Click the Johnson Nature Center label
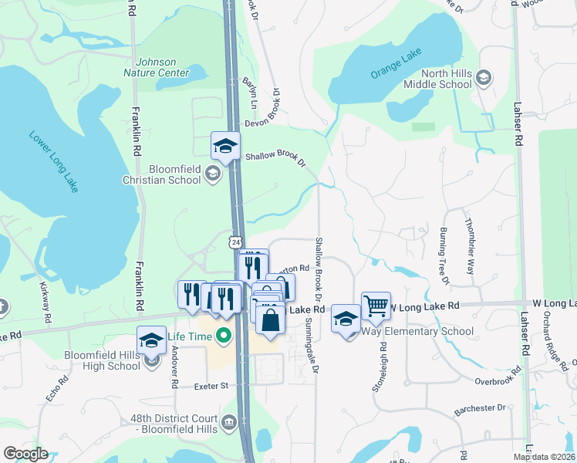click(161, 67)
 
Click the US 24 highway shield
click(235, 242)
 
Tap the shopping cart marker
click(376, 306)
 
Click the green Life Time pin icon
click(224, 335)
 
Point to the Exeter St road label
click(213, 384)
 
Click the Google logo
click(25, 454)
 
